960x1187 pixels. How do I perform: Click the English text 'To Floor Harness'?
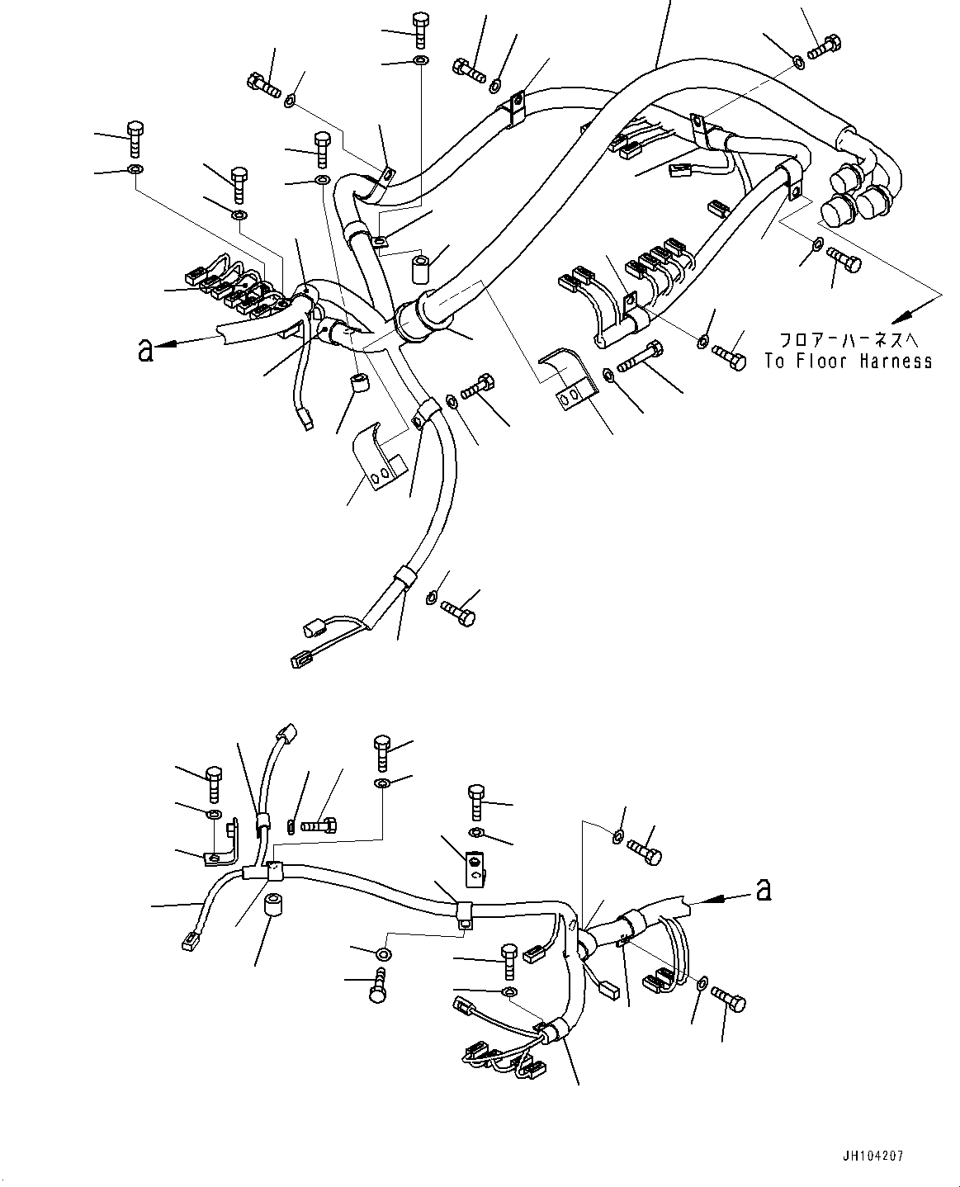pos(848,361)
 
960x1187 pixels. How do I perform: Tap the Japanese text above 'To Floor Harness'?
pos(848,339)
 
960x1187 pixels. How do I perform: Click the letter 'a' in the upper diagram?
pos(146,350)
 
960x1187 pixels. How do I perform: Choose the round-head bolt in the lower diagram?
pos(378,986)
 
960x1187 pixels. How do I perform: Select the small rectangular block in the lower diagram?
pos(476,865)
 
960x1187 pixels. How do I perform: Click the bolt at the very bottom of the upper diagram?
pos(457,611)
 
